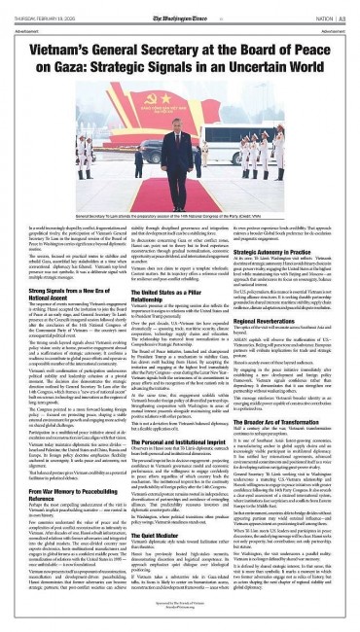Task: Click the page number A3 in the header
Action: [344, 7]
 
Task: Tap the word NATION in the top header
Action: [319, 7]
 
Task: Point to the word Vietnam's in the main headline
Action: [65, 42]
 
